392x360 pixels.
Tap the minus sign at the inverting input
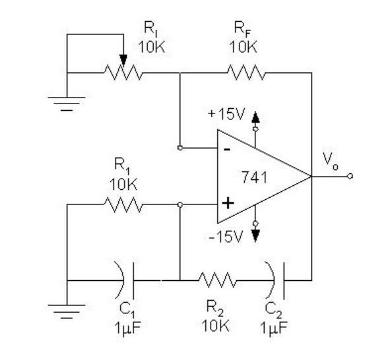[x=226, y=148]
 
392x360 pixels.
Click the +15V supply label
[x=226, y=114]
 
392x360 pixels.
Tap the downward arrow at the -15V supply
[x=256, y=233]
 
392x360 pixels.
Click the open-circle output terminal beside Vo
[x=350, y=176]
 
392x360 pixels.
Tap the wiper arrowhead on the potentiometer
[x=123, y=61]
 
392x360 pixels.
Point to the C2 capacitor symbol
[x=277, y=280]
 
